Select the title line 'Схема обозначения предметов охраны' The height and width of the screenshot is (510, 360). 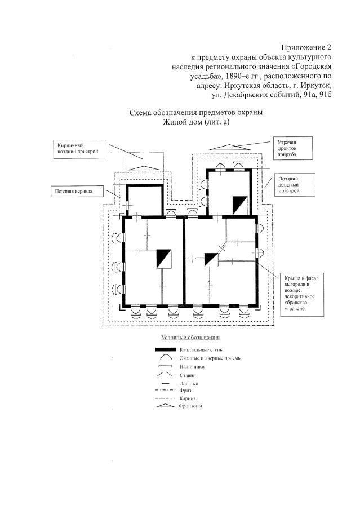tap(196, 112)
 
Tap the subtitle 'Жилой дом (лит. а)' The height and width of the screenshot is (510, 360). tap(196, 122)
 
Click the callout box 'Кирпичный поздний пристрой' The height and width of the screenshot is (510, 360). tap(81, 148)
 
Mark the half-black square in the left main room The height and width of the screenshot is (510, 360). tap(164, 259)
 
